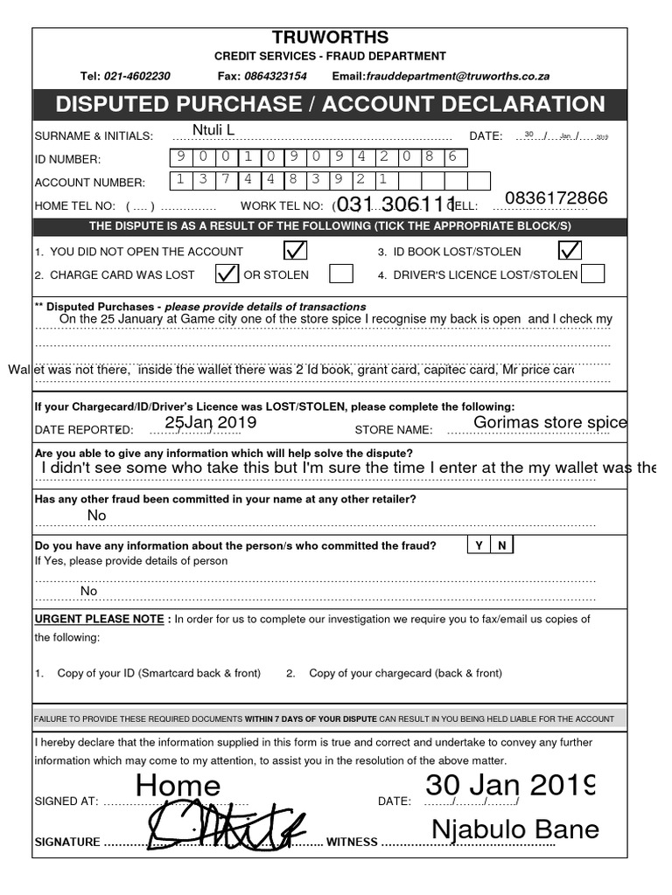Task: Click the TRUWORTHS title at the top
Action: [x=330, y=38]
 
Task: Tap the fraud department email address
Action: [x=458, y=76]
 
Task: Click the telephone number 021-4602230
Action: [x=137, y=76]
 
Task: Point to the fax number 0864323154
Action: [x=275, y=76]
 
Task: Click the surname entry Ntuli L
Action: [x=213, y=131]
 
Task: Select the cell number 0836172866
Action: [x=556, y=198]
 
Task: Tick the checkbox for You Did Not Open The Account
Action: [x=295, y=251]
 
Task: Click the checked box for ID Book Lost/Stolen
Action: [x=570, y=251]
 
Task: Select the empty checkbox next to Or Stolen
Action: [x=341, y=274]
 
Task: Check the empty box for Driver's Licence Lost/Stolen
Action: [x=592, y=274]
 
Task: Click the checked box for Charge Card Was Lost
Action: [x=227, y=274]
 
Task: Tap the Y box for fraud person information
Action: [x=479, y=545]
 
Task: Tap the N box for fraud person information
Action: [x=502, y=545]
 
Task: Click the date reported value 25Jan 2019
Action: [x=210, y=423]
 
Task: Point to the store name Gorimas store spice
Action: [x=549, y=423]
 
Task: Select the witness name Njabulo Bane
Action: [x=514, y=829]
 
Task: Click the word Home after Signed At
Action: [x=178, y=786]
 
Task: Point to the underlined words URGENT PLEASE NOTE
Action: [x=99, y=619]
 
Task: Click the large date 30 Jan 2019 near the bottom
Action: [x=510, y=785]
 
